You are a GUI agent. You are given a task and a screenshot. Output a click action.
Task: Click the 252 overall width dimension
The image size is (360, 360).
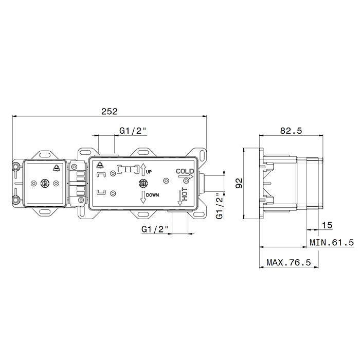click(109, 112)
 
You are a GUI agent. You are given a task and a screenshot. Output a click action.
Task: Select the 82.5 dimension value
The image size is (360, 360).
click(291, 131)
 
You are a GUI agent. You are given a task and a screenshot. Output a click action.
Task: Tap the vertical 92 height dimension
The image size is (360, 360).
click(239, 183)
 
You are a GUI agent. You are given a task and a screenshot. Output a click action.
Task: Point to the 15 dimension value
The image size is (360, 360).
click(327, 225)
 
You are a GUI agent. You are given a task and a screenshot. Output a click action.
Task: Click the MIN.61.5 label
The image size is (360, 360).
click(332, 242)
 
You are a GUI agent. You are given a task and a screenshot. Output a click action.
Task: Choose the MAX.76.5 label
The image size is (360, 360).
click(289, 262)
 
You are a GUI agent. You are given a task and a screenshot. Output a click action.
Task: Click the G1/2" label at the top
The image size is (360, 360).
click(133, 131)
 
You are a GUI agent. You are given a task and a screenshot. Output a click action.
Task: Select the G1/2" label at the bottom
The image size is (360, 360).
click(155, 229)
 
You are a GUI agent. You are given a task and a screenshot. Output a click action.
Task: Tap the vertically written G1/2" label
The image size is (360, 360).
click(220, 206)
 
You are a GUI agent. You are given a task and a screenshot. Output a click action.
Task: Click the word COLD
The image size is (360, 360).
click(185, 171)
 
